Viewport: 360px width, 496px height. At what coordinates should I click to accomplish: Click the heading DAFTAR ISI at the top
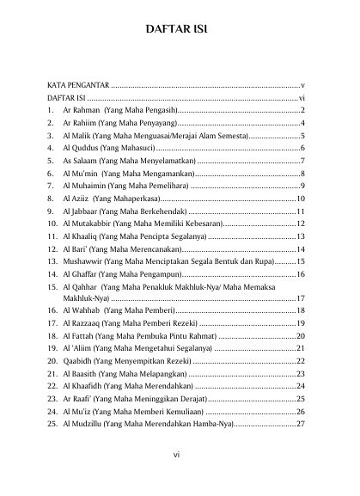coord(180,33)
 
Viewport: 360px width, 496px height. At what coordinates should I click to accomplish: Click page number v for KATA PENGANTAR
coord(303,87)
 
